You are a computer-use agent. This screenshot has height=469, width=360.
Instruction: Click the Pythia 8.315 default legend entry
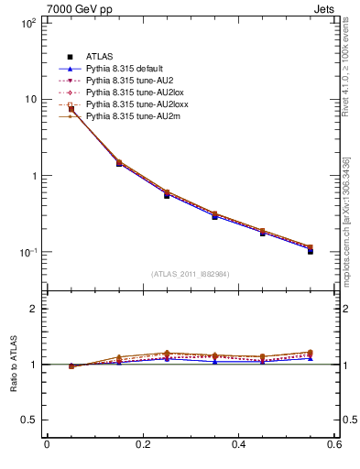(127, 69)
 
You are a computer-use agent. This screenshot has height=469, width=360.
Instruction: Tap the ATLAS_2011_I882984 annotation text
(190, 274)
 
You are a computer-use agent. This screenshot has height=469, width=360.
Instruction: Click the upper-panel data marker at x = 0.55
(311, 250)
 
